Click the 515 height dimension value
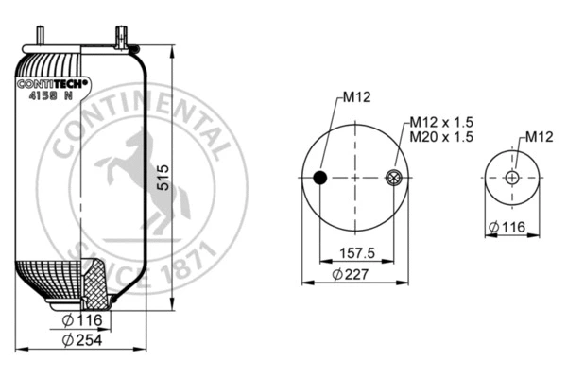click(163, 179)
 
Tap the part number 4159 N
click(51, 95)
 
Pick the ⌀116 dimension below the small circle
click(507, 228)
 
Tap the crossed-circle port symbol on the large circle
click(395, 177)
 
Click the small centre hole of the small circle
click(511, 177)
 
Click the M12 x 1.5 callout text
click(440, 123)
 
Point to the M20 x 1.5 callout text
click(440, 137)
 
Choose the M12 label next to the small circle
click(538, 138)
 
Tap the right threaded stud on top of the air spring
click(120, 38)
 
